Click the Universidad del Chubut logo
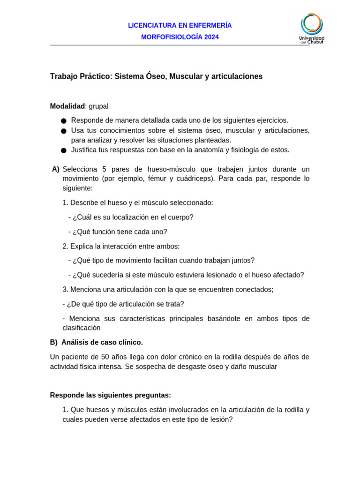[x=312, y=28]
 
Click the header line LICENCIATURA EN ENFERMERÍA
[x=180, y=25]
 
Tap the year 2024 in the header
[x=211, y=37]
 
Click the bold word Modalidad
[x=67, y=106]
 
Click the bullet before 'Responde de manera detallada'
[x=63, y=121]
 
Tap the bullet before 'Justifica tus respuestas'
[x=63, y=150]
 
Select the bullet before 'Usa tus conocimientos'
[x=63, y=131]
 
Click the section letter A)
[x=56, y=169]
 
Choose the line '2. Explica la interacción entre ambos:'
[x=121, y=246]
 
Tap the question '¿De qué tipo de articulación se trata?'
[x=123, y=304]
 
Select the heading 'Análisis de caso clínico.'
[x=102, y=342]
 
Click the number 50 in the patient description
[x=105, y=357]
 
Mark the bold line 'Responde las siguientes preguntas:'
[x=111, y=395]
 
